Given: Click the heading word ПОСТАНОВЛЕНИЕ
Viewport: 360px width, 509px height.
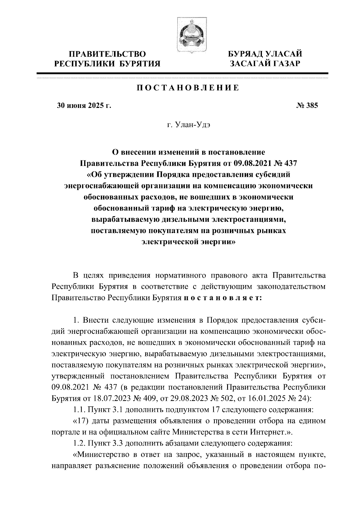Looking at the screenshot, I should tap(188, 88).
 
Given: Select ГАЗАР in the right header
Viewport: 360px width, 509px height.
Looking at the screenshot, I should tap(285, 64).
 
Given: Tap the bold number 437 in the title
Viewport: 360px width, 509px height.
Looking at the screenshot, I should tap(290, 164).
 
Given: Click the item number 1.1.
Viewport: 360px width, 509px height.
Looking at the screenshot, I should tap(79, 410).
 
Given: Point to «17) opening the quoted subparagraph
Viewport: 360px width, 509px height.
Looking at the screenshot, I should tap(80, 421).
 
